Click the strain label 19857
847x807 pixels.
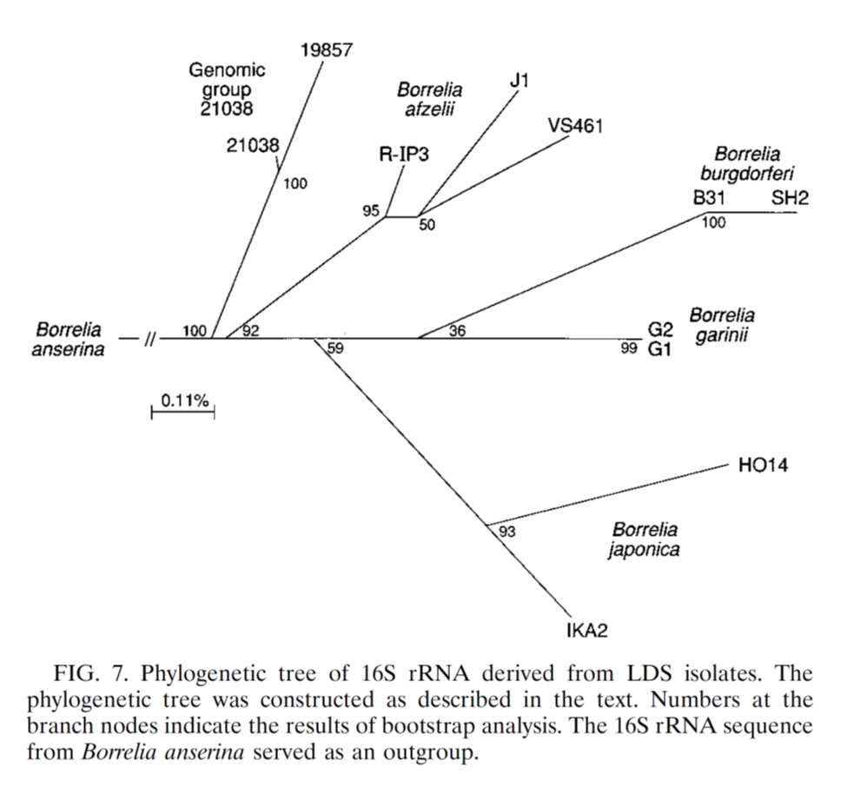click(327, 50)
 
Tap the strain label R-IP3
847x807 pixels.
click(403, 155)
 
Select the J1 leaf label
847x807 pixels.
click(519, 81)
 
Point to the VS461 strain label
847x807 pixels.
click(575, 126)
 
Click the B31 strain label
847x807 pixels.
click(709, 198)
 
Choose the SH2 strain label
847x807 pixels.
click(790, 198)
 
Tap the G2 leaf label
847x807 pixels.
click(660, 329)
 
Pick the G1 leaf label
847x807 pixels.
click(659, 349)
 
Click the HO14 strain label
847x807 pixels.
click(763, 465)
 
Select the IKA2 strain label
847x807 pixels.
click(587, 631)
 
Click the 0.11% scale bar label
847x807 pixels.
click(185, 400)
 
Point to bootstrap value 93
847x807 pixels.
click(507, 532)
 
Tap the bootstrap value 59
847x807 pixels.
click(335, 348)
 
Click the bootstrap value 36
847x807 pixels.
click(457, 331)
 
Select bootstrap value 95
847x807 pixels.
click(371, 211)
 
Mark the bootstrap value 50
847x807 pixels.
click(427, 225)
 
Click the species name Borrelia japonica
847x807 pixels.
click(645, 539)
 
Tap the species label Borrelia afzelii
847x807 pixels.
click(430, 99)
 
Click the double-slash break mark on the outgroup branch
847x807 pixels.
click(150, 340)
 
